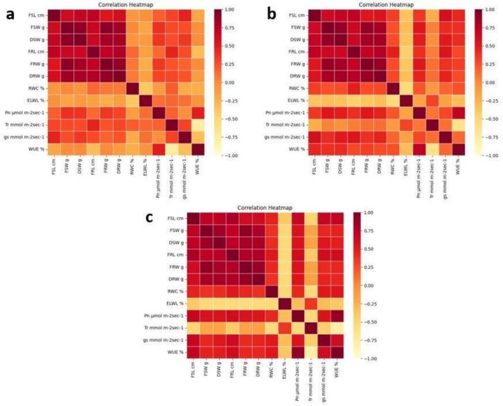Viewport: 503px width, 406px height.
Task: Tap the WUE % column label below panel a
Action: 195,171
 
